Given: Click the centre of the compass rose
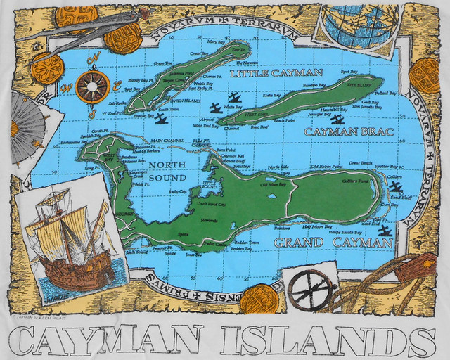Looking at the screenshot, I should [x=92, y=87].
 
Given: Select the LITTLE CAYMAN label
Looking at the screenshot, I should [x=276, y=73].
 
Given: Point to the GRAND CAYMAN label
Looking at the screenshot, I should [x=332, y=243].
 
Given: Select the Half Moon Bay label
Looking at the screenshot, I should [x=315, y=227].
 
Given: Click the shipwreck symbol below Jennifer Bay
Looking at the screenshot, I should [x=337, y=120].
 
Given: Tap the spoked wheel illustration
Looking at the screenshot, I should [x=310, y=288].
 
